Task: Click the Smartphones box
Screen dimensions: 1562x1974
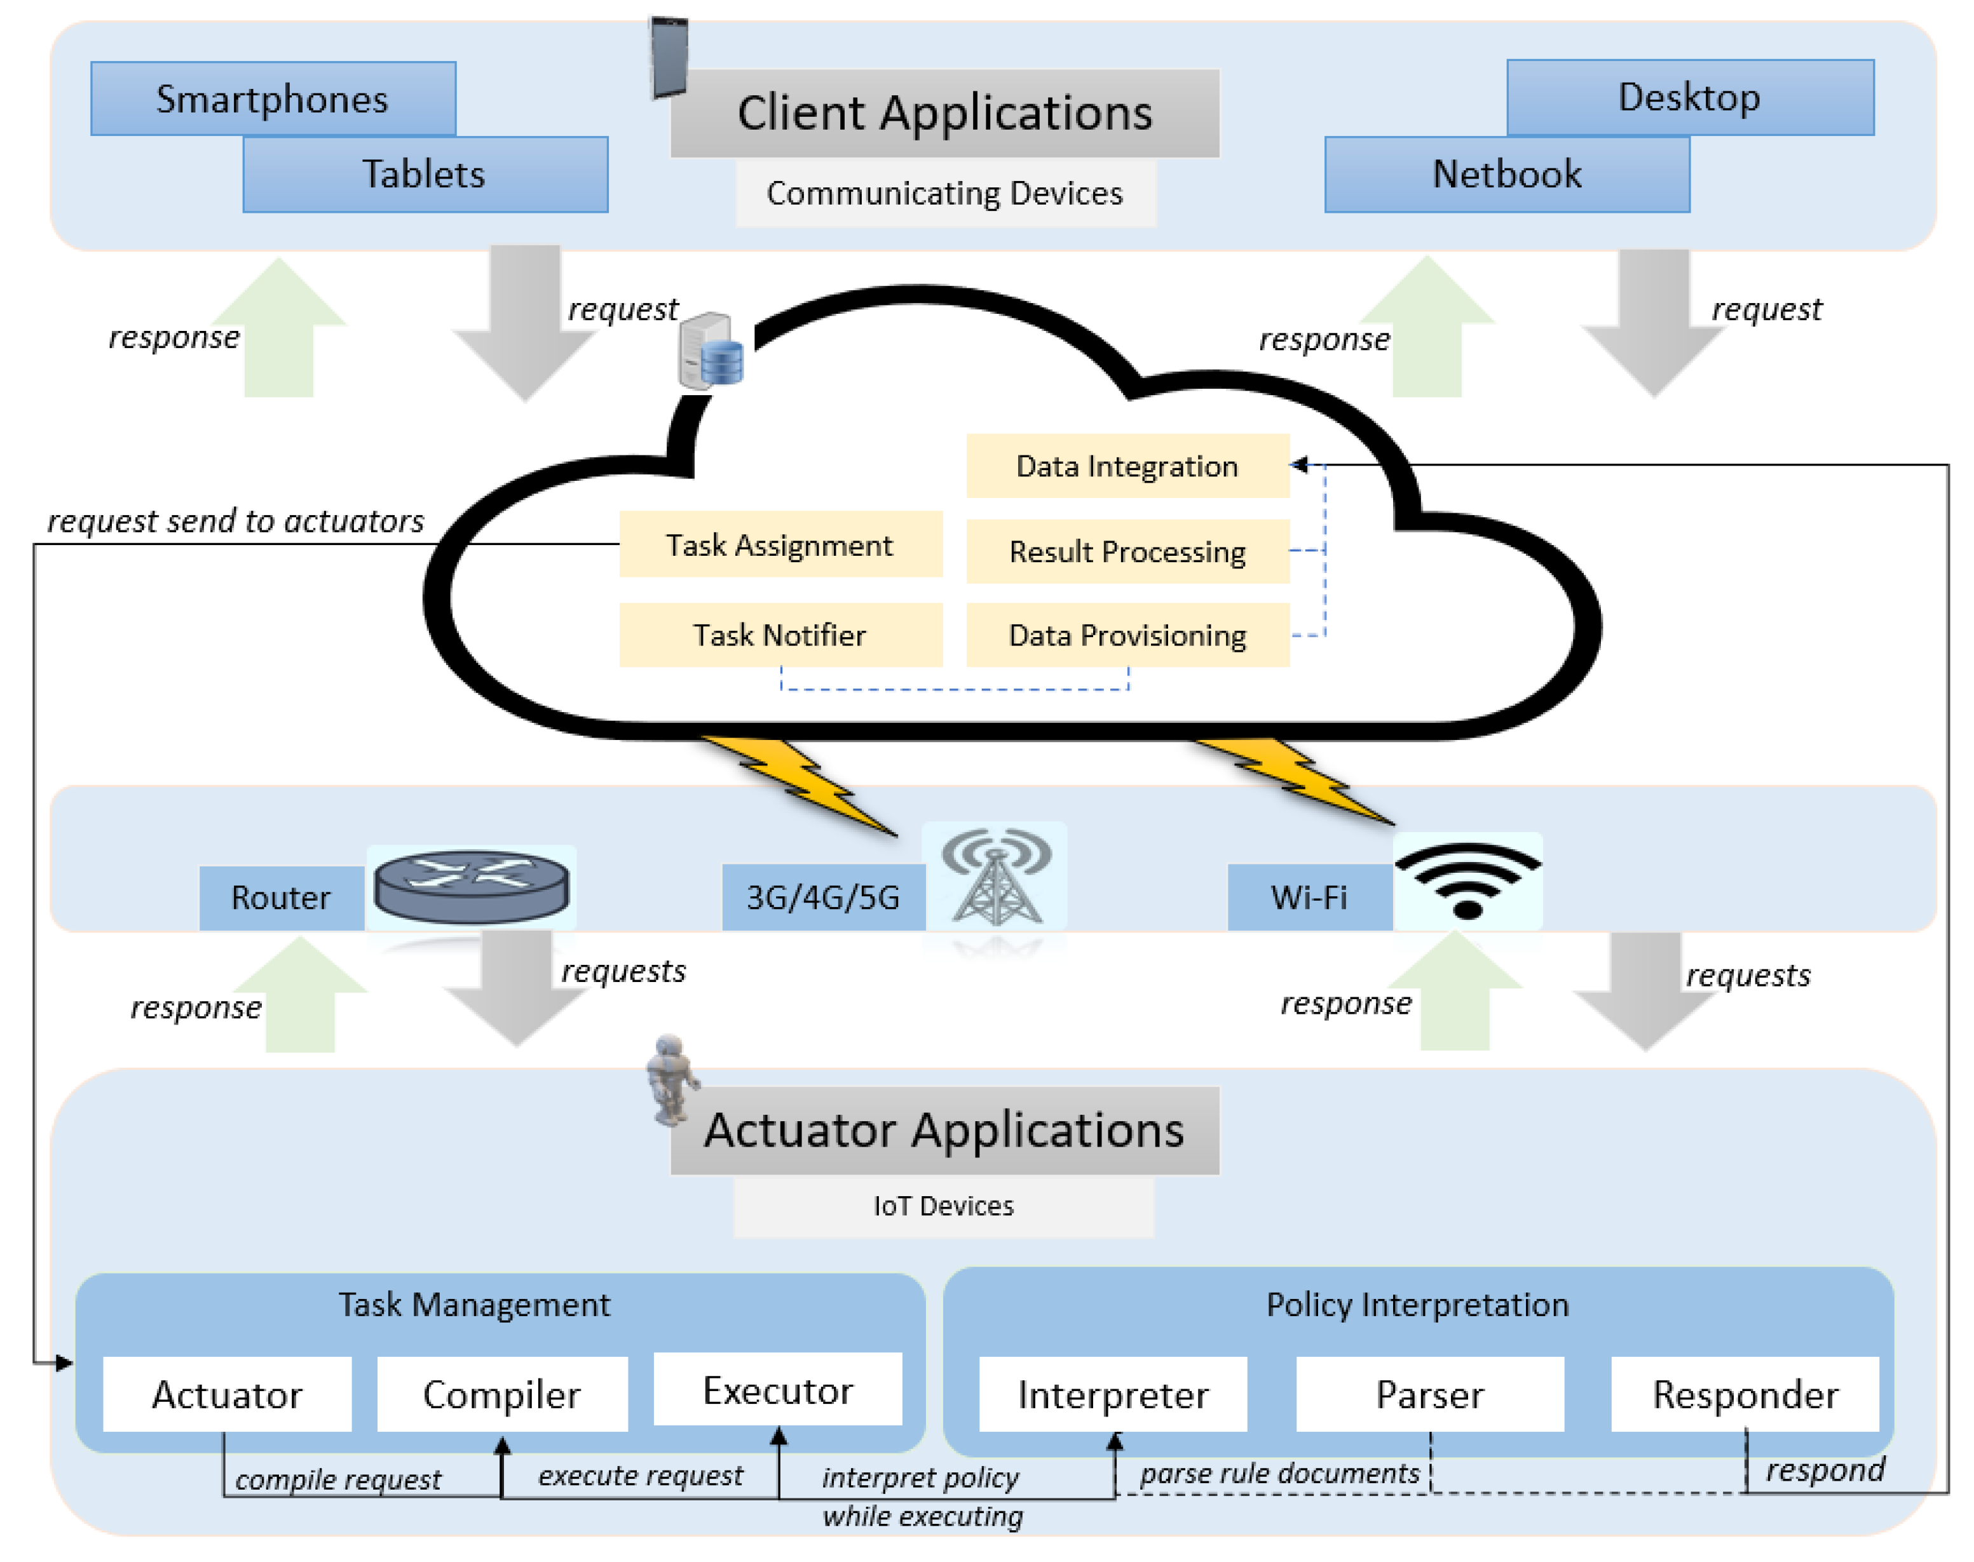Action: (x=273, y=98)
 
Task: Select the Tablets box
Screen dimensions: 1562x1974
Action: (x=425, y=175)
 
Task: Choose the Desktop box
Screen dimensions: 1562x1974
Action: (x=1689, y=98)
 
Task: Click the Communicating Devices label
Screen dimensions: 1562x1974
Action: (x=945, y=194)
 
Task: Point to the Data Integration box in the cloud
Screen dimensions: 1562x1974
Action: (x=1127, y=466)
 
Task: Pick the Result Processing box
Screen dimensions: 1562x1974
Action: (x=1127, y=551)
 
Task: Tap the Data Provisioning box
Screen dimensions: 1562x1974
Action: (x=1127, y=635)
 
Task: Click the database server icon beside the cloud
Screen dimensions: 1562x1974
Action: (x=711, y=352)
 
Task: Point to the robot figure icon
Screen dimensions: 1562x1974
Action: (x=671, y=1079)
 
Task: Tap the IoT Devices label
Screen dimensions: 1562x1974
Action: (x=943, y=1206)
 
